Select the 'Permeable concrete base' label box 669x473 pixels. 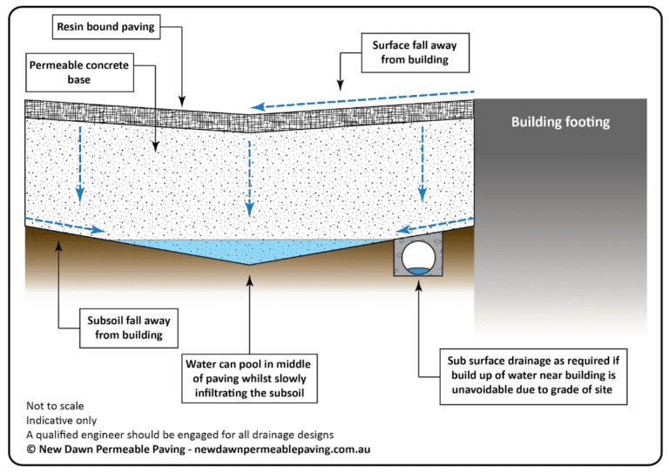pyautogui.click(x=79, y=75)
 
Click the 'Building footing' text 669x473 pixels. pyautogui.click(x=560, y=122)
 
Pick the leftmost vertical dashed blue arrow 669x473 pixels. pyautogui.click(x=81, y=161)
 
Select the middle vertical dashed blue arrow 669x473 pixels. pyautogui.click(x=250, y=166)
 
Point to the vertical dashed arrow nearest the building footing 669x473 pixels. pyautogui.click(x=422, y=161)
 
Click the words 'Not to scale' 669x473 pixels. pyautogui.click(x=54, y=406)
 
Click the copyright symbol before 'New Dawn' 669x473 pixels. pyautogui.click(x=31, y=449)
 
